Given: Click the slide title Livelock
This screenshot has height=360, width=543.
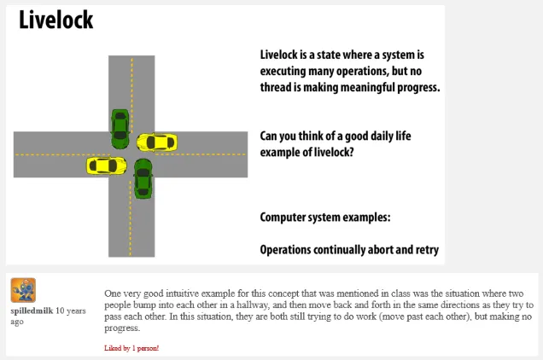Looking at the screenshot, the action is pos(55,20).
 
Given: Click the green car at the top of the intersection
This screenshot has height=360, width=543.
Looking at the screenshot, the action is pos(120,129).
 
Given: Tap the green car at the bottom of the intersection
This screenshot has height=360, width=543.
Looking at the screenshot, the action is pos(143,178).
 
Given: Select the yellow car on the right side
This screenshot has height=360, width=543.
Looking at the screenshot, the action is pos(157,142).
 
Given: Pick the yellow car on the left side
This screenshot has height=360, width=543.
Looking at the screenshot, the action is pos(107,165).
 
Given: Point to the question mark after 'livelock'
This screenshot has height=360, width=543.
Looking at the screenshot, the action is pos(351,153).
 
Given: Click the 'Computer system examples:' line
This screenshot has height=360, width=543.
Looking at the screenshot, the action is pos(325,217).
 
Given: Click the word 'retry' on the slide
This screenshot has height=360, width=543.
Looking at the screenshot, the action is pos(428,250).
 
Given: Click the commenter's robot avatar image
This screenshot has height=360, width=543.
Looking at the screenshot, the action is pos(23,290).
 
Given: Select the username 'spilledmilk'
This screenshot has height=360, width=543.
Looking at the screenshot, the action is pos(32,311).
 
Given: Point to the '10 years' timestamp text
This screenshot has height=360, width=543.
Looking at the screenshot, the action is pos(71,311).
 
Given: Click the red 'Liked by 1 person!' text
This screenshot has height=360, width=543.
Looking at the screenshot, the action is pos(131,348).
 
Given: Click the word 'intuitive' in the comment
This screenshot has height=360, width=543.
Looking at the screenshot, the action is pos(182,293).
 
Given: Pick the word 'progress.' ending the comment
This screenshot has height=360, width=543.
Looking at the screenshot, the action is pos(122,328).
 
